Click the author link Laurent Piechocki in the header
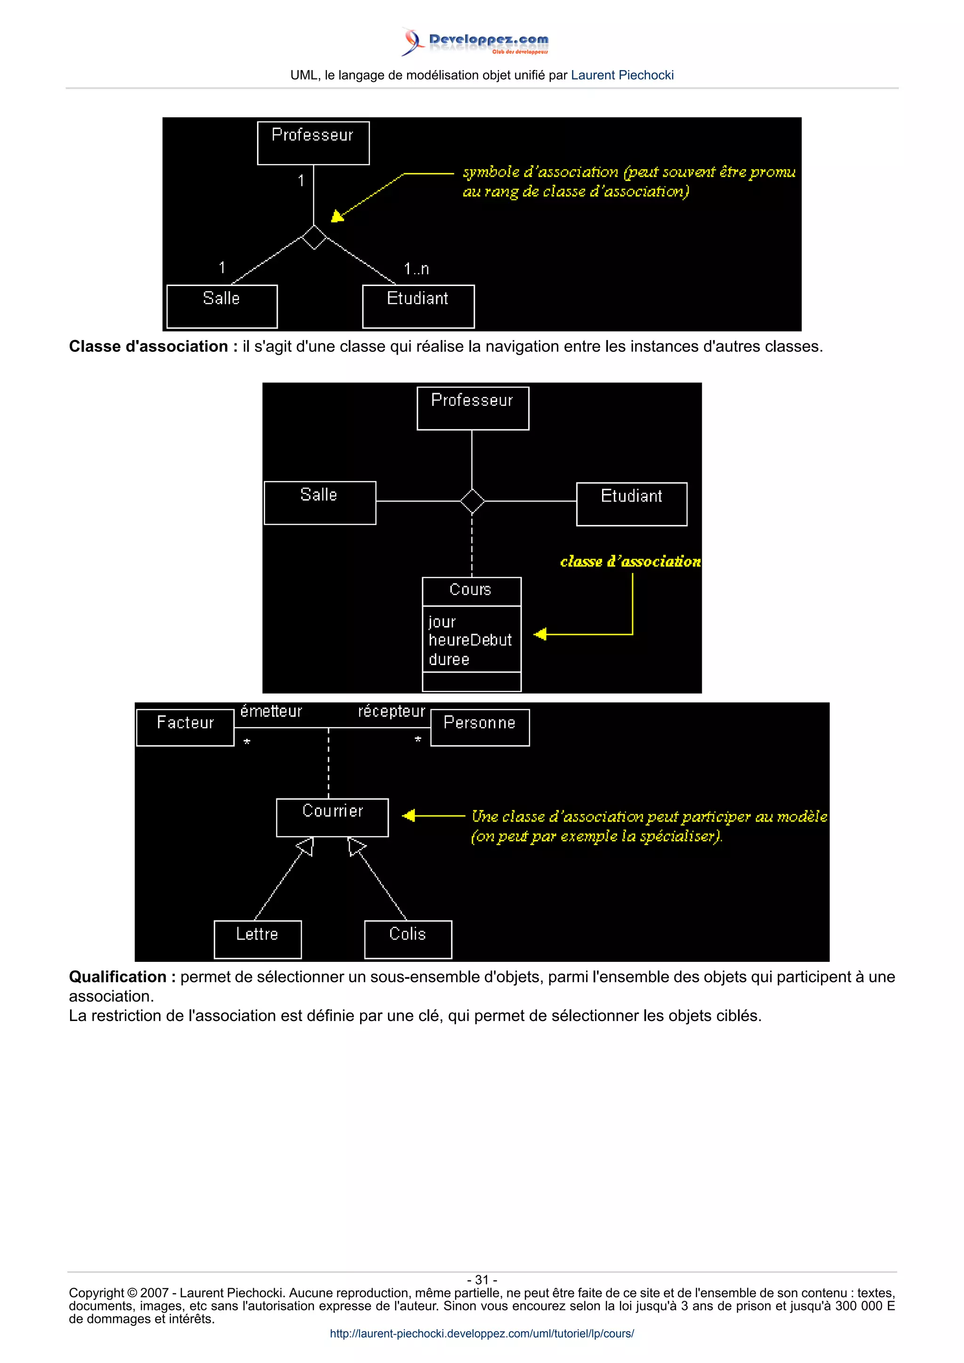click(622, 75)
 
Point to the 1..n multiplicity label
click(417, 269)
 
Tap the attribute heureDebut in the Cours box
click(470, 641)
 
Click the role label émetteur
click(271, 711)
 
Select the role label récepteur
click(392, 711)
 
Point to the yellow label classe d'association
click(630, 562)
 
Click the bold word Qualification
click(118, 976)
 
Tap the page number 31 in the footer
click(482, 1279)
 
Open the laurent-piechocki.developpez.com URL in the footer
click(482, 1333)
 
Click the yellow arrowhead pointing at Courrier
click(409, 816)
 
